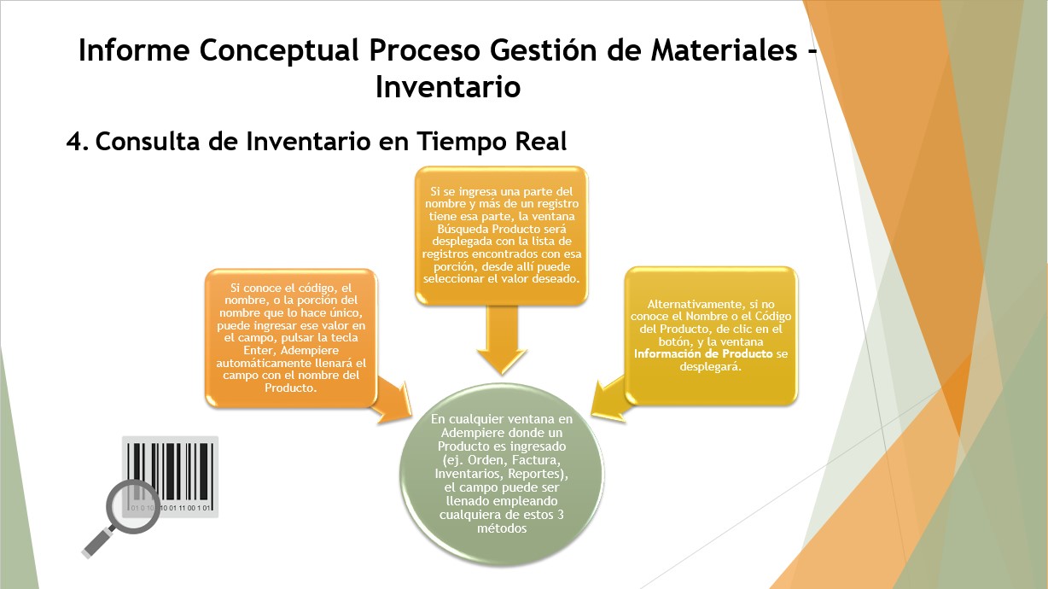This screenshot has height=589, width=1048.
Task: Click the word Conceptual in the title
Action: [x=279, y=50]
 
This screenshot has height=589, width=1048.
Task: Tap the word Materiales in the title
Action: [x=725, y=50]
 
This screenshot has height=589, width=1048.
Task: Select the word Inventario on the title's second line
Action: [x=448, y=87]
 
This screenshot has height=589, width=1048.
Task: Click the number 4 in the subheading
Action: [x=75, y=142]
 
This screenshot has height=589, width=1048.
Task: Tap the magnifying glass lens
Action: [x=133, y=506]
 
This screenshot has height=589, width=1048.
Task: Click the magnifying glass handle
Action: [x=98, y=542]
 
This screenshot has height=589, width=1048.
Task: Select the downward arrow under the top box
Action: [x=502, y=339]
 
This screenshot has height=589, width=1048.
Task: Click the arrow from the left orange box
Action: [x=392, y=400]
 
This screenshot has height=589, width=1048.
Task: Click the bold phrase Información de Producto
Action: [x=703, y=353]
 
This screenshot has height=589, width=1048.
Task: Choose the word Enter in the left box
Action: [x=259, y=350]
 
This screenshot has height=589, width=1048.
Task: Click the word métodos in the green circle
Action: [x=502, y=528]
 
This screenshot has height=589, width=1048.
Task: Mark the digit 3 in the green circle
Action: [x=560, y=515]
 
